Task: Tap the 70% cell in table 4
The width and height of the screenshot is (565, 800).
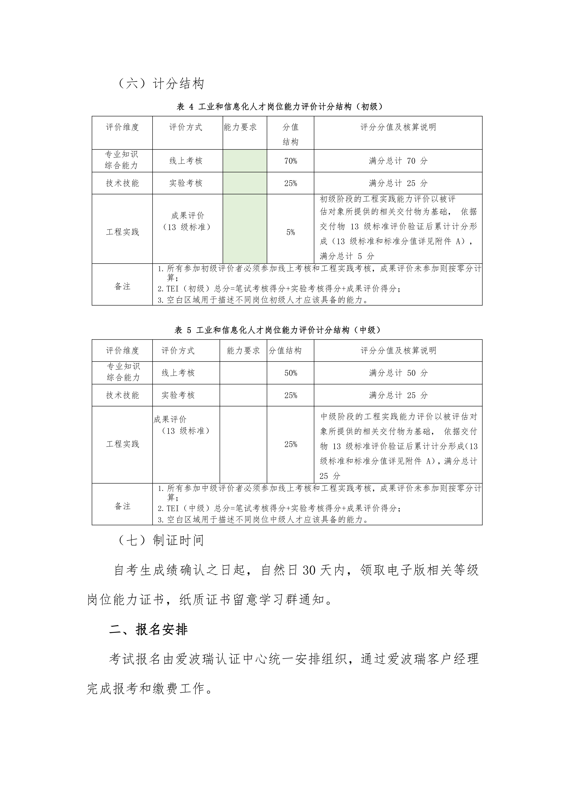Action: (290, 161)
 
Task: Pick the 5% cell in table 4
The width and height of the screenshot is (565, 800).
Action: (290, 232)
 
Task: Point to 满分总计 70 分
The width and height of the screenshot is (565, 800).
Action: (398, 161)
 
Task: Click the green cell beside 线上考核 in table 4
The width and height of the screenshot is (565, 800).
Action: (245, 161)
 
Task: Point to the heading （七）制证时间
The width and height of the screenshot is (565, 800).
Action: (161, 540)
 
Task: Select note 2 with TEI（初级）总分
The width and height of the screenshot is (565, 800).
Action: (279, 289)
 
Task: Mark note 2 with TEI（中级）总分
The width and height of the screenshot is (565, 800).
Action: (279, 509)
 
